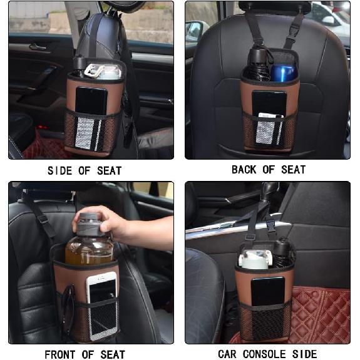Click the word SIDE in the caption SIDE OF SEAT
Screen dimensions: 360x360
click(x=61, y=171)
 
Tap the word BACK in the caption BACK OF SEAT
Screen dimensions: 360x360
click(x=244, y=170)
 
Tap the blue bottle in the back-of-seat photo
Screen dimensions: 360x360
click(x=284, y=71)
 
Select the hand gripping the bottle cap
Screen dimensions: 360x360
click(x=100, y=221)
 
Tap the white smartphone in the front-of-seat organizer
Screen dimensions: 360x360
click(x=101, y=304)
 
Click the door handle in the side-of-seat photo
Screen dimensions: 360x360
click(x=38, y=47)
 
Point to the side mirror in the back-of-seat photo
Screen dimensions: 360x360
click(x=196, y=30)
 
